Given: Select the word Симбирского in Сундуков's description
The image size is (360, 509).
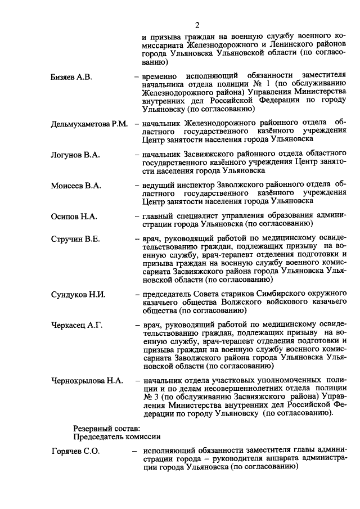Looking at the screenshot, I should click(x=254, y=294).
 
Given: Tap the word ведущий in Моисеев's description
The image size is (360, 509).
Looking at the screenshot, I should click(x=158, y=184).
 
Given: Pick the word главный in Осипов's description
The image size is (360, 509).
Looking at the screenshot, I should click(x=158, y=217).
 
